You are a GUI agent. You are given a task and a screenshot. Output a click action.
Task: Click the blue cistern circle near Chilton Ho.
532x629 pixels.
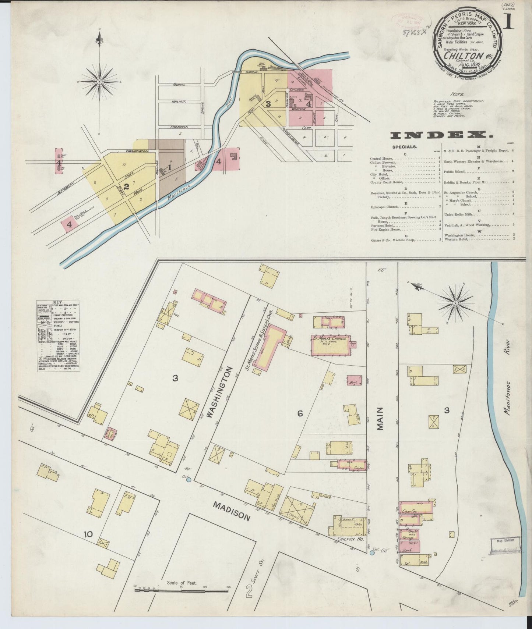pyautogui.click(x=372, y=552)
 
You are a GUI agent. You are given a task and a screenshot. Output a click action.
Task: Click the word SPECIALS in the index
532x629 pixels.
pyautogui.click(x=405, y=147)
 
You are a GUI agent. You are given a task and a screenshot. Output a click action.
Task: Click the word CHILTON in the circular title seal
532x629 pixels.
pyautogui.click(x=463, y=56)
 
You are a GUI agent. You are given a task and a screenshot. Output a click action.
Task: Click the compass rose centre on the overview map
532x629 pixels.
pyautogui.click(x=99, y=81)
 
